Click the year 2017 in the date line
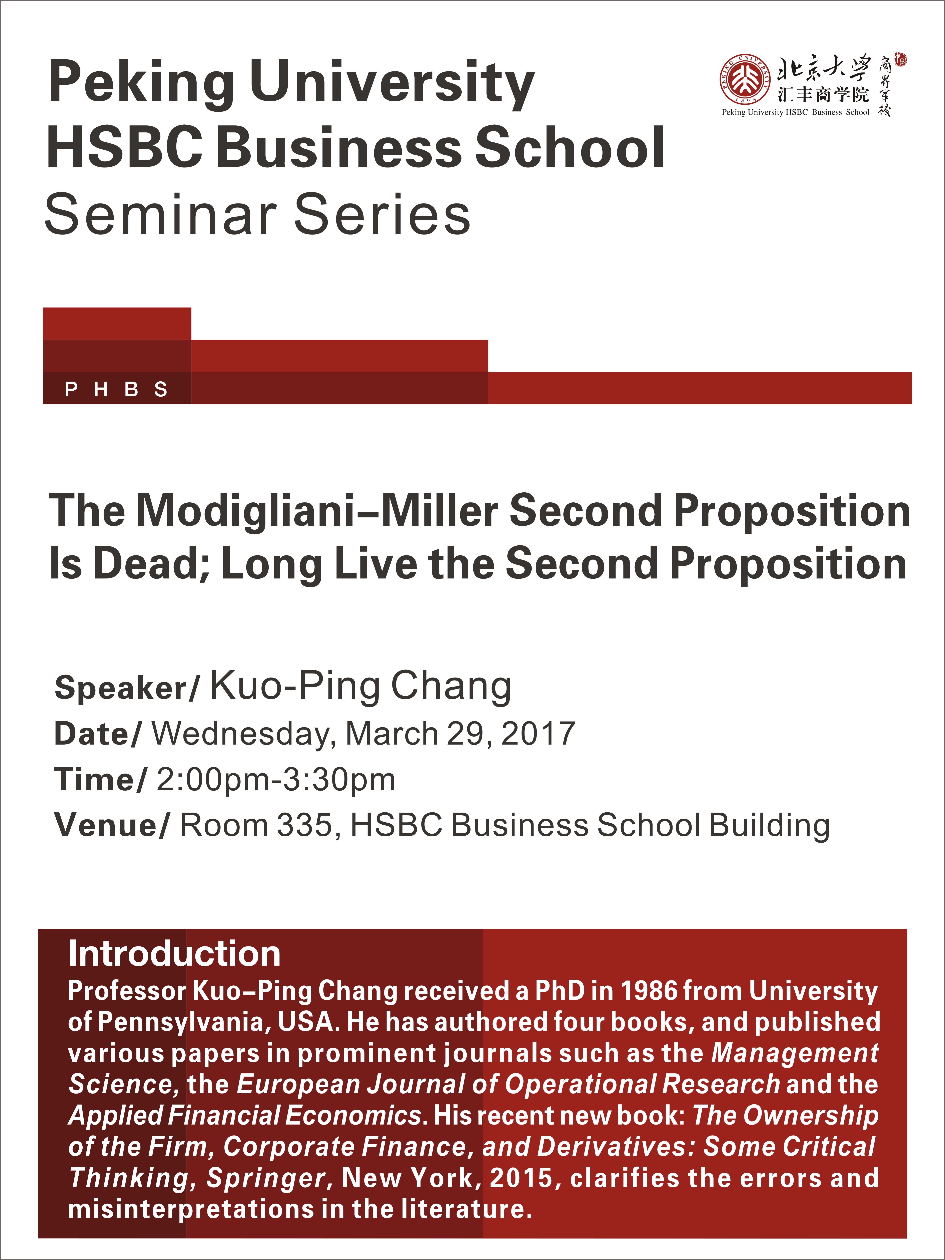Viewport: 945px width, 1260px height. point(538,734)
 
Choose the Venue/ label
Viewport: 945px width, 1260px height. point(112,825)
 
